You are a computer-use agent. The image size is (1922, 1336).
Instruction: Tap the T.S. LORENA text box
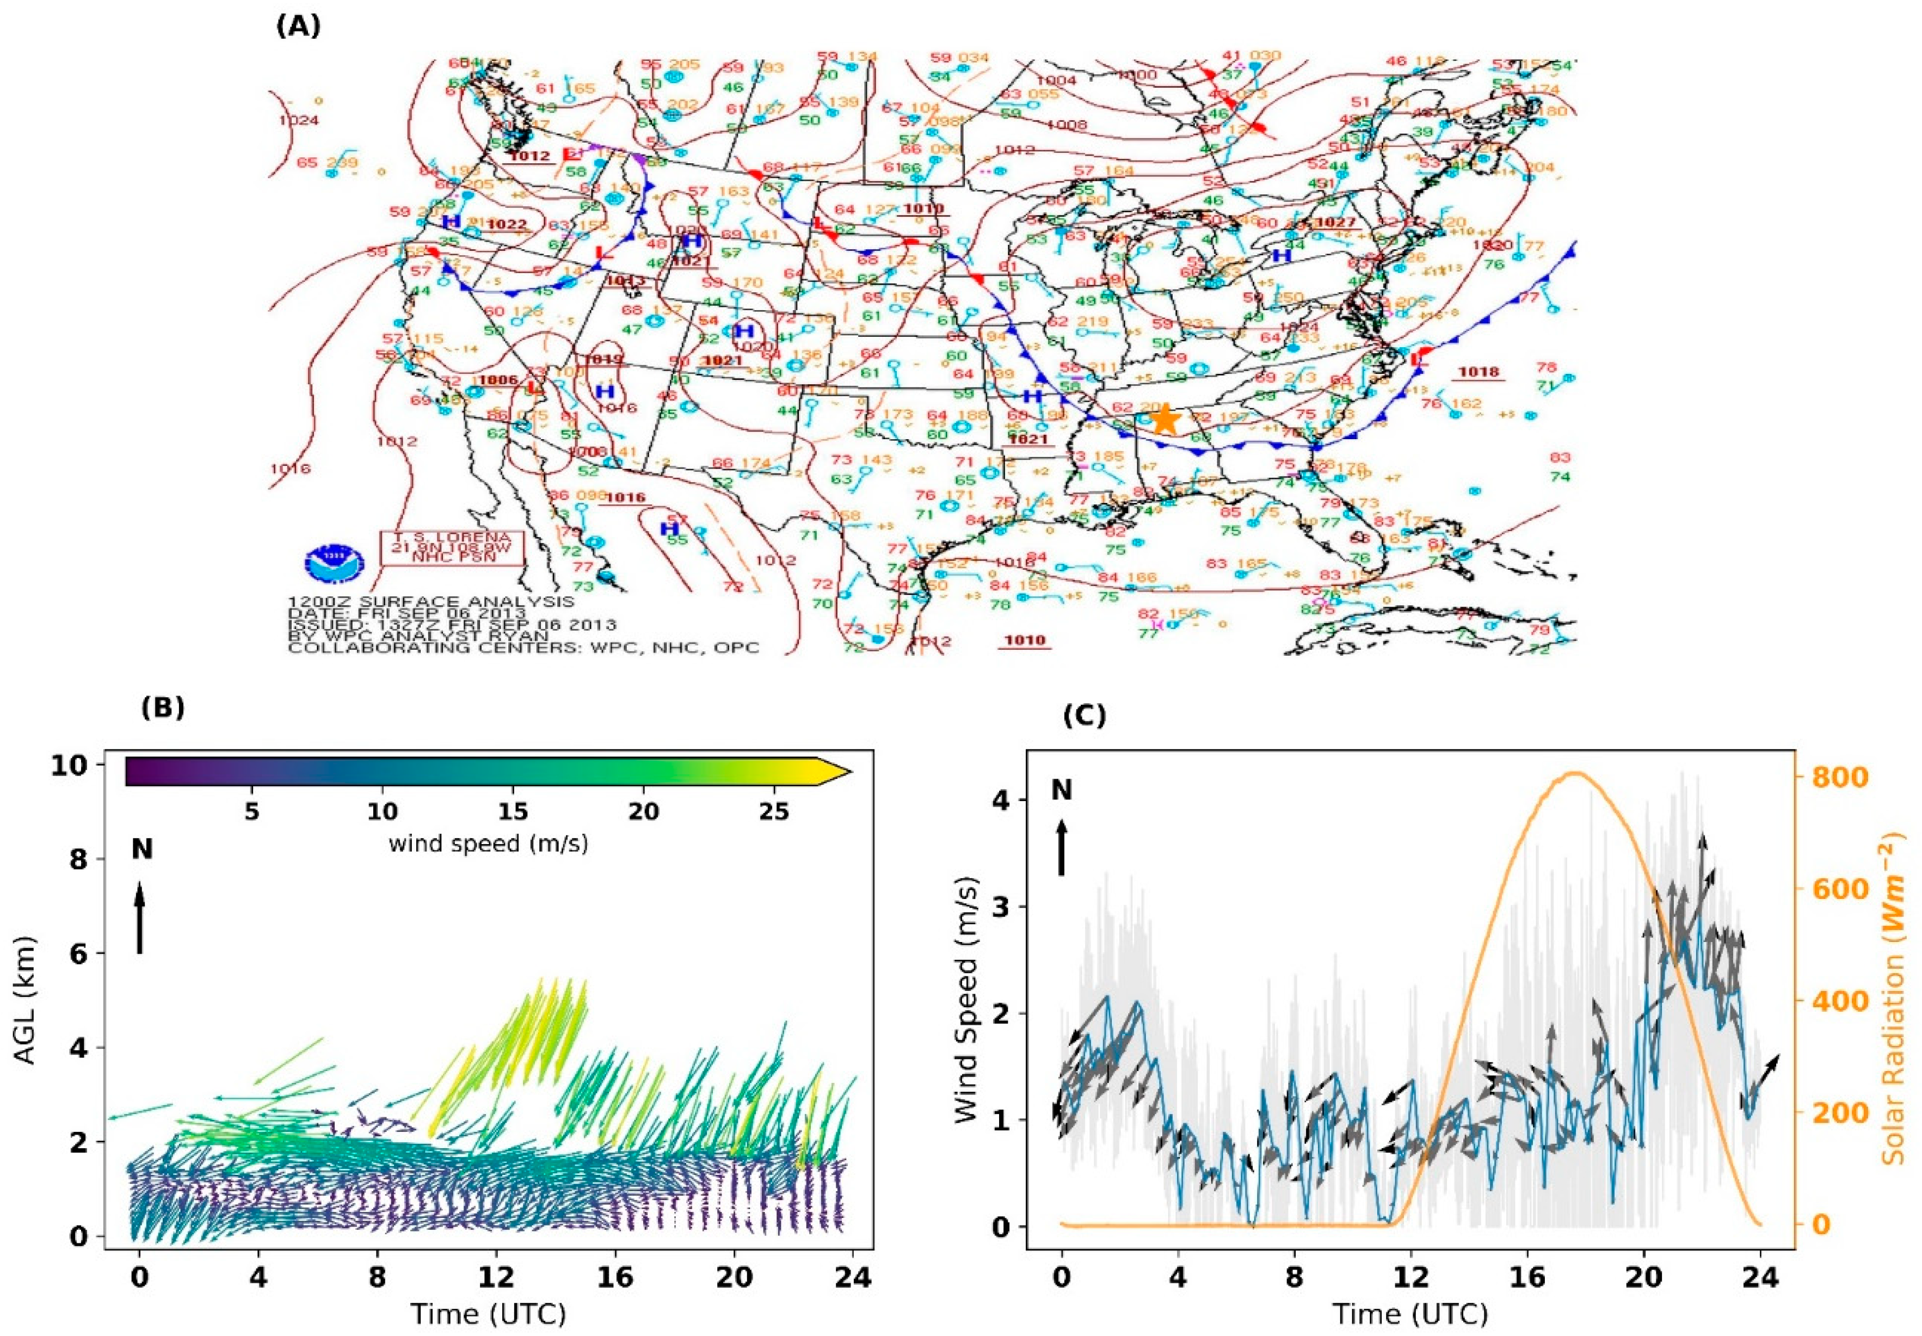point(452,549)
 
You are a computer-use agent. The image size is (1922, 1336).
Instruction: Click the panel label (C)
point(1084,716)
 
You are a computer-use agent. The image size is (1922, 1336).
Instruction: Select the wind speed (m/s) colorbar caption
point(488,844)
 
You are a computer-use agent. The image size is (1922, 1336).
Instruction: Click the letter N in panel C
point(1062,790)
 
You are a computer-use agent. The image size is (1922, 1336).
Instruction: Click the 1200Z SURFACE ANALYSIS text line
point(431,601)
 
